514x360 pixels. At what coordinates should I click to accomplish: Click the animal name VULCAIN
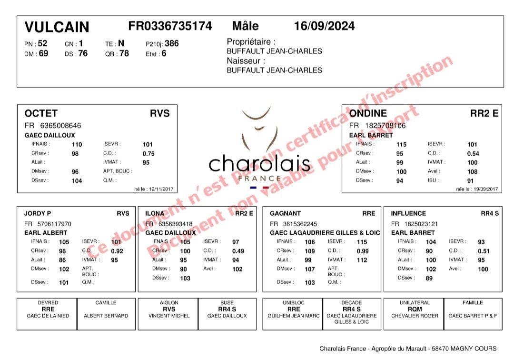coord(57,27)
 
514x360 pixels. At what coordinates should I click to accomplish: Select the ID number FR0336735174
coord(170,26)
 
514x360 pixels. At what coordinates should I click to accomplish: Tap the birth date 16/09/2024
coord(324,26)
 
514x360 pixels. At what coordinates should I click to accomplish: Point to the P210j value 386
coord(172,43)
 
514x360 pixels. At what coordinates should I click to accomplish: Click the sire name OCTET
coord(41,113)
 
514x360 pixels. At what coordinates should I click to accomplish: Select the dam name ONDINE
coord(368,113)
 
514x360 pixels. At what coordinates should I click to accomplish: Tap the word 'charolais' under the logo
coord(259,164)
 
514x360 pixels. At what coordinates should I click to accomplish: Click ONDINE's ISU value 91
coord(471,181)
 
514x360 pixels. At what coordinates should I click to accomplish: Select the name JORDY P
coord(38,214)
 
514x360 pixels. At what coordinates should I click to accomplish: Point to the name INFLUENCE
coord(408,214)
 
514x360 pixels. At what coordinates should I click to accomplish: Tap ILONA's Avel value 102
coord(237,270)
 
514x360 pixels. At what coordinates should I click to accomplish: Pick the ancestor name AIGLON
coord(169,303)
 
